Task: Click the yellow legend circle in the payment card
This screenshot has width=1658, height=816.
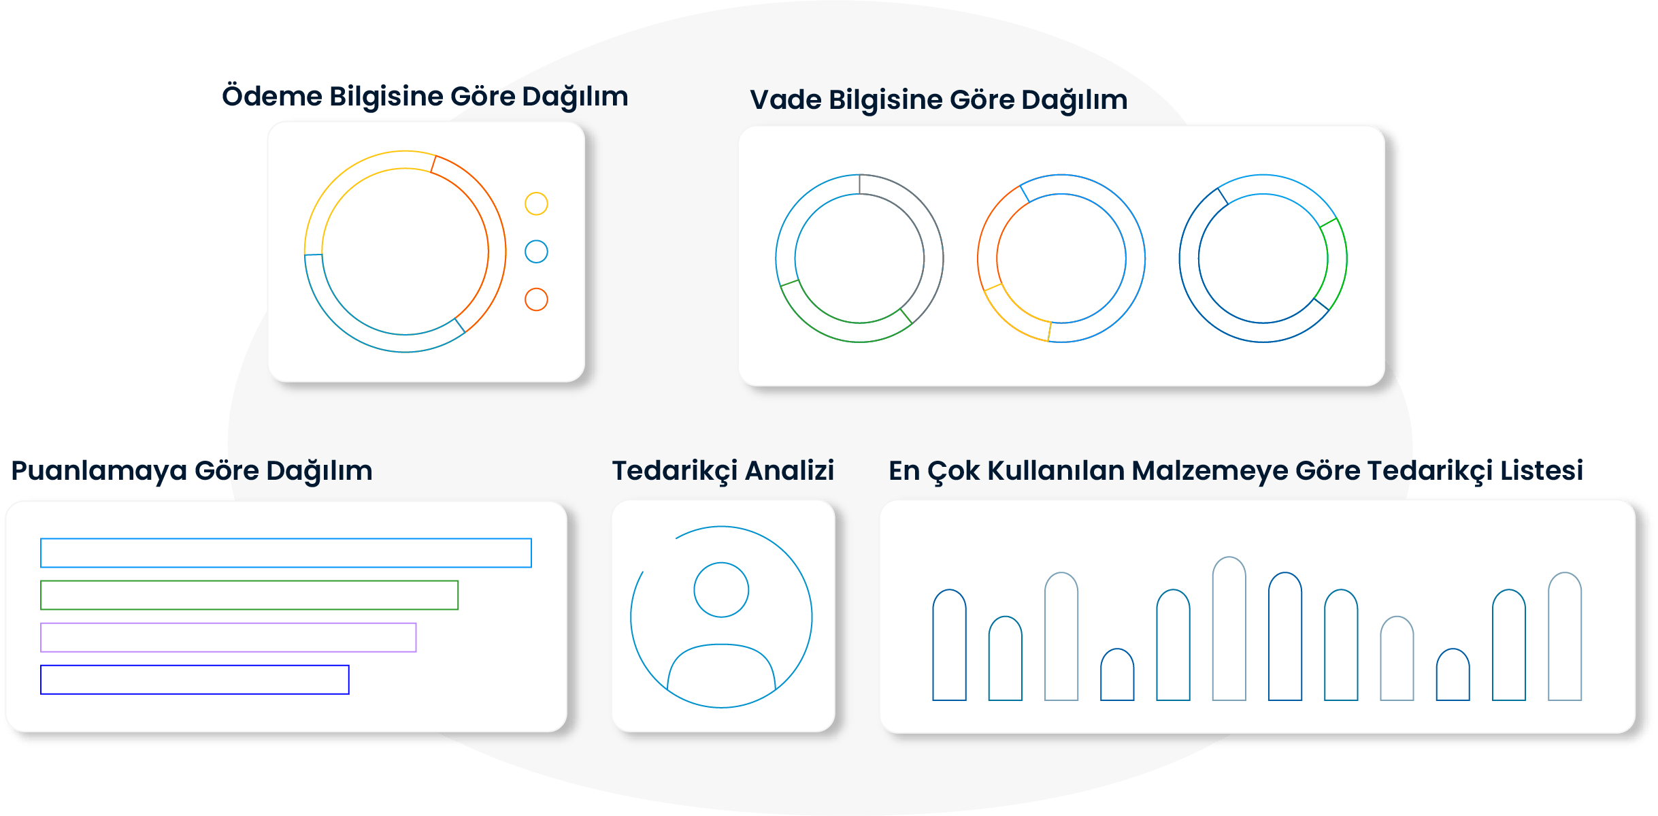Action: coord(536,203)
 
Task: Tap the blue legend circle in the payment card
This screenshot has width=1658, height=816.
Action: coord(536,252)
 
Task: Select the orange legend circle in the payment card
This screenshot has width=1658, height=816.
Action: coord(536,299)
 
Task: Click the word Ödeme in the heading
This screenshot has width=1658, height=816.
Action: coord(272,96)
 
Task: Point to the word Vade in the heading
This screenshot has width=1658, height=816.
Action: coord(786,100)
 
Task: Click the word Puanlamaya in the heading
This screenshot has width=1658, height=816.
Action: coord(99,471)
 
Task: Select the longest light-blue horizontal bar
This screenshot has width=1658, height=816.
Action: coord(286,553)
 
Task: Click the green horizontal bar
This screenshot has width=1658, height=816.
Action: coord(249,595)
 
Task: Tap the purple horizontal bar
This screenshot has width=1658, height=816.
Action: coord(228,637)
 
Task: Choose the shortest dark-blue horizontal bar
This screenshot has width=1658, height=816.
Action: coord(195,679)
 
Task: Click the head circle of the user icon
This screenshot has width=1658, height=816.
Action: coord(721,590)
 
